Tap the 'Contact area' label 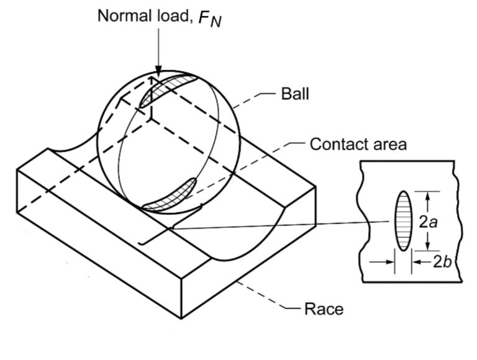[358, 145]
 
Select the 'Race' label [323, 308]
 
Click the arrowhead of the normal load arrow [158, 73]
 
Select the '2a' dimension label [429, 222]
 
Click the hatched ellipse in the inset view [402, 221]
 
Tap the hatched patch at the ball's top [163, 88]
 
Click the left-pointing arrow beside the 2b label [417, 262]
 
